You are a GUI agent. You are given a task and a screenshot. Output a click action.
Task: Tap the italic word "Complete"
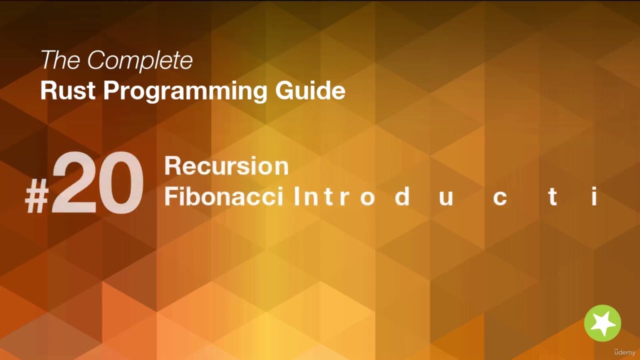click(x=139, y=60)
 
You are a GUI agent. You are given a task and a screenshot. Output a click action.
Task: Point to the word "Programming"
click(x=187, y=91)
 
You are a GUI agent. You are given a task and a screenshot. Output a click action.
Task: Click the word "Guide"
click(x=310, y=90)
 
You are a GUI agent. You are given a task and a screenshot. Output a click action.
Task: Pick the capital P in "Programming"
click(x=112, y=90)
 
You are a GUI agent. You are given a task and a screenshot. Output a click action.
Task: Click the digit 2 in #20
click(x=74, y=184)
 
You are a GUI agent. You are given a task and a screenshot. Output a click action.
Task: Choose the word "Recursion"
click(x=226, y=166)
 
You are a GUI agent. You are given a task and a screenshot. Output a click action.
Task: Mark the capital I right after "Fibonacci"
click(x=296, y=197)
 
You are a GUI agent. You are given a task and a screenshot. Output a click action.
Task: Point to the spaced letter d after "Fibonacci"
click(x=402, y=197)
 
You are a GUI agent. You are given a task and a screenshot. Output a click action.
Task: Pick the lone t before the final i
click(x=552, y=197)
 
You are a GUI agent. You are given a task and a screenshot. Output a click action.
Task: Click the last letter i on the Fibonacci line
click(x=594, y=197)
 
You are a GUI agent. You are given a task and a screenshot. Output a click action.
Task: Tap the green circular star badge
click(x=602, y=323)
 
